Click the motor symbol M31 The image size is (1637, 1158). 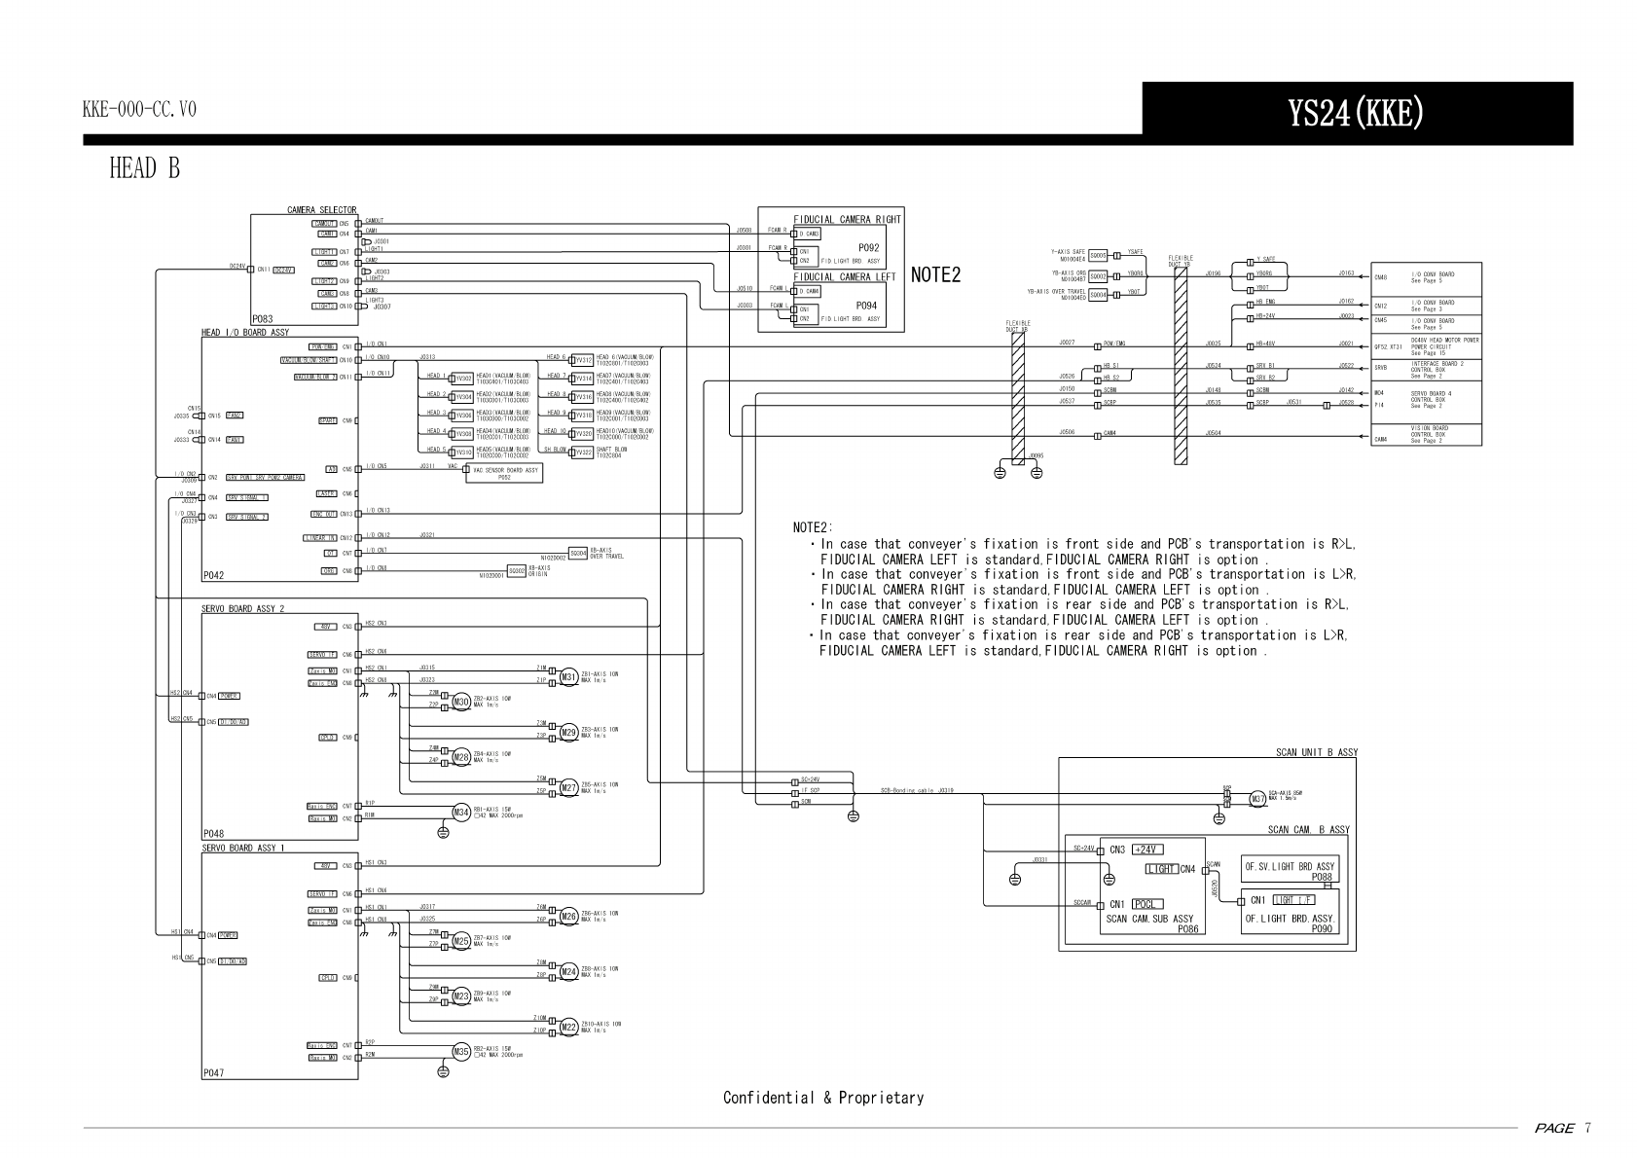coord(567,677)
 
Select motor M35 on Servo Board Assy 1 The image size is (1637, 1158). coord(461,1051)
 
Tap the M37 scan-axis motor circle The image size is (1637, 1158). coord(1257,799)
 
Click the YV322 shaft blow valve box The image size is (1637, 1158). coord(582,452)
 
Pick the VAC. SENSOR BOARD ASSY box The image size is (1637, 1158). coord(503,473)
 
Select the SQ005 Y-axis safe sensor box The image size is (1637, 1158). coord(1099,254)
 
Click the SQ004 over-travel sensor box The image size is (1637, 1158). coord(1099,295)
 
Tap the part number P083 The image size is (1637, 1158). coord(262,319)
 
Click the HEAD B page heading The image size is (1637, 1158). coord(144,169)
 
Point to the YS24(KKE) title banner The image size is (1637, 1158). coord(1357,114)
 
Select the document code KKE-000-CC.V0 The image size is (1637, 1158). coord(139,110)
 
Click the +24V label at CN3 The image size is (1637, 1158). coord(1148,850)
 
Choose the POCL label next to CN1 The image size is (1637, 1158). coord(1147,904)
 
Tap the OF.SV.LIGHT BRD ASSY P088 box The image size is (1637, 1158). coord(1290,870)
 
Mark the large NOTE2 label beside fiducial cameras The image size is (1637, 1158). coord(935,275)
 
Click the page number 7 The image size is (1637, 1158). coord(1587,1128)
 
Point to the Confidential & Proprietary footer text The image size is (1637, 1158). coord(822,1098)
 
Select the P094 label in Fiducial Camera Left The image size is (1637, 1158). coord(866,306)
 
